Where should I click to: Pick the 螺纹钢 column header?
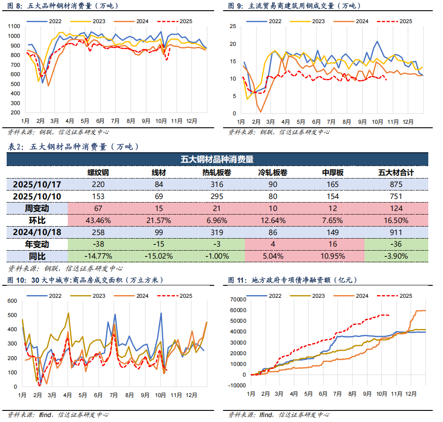click(98, 172)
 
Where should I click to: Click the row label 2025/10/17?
click(37, 184)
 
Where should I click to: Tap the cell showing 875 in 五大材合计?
click(395, 184)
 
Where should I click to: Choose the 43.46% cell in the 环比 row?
click(98, 220)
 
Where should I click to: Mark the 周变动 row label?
click(37, 208)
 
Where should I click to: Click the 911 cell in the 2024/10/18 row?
click(395, 232)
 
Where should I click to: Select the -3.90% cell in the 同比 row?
click(395, 256)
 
